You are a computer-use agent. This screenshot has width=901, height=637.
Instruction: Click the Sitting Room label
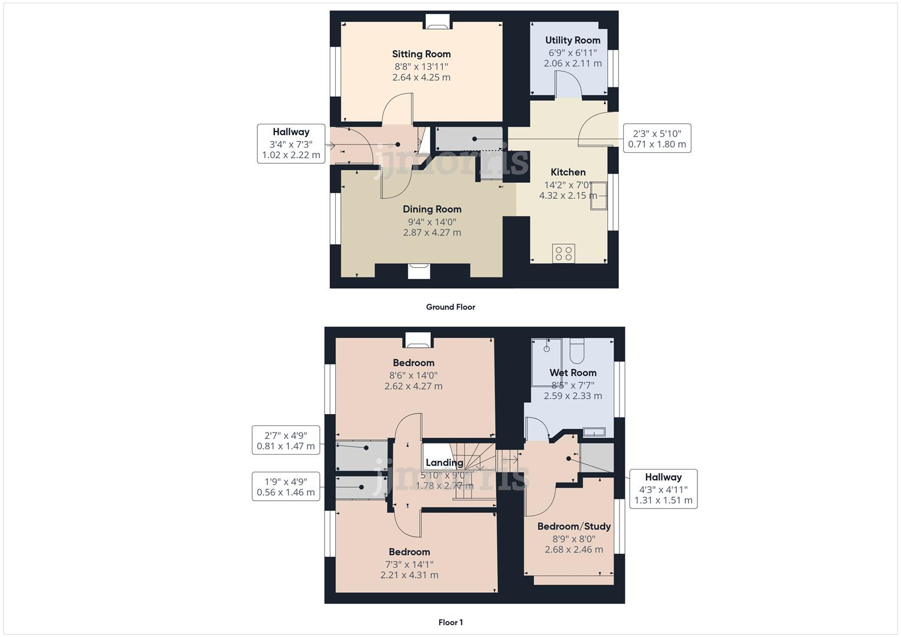(x=421, y=54)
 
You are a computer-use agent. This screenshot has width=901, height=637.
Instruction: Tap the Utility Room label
(x=572, y=40)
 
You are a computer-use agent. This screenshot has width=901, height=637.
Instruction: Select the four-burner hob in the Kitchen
(x=563, y=254)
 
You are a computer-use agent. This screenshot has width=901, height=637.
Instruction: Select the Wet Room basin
(x=594, y=432)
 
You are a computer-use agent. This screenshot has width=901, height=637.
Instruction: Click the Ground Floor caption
(x=450, y=307)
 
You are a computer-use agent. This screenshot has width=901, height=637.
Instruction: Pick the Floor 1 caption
(x=450, y=622)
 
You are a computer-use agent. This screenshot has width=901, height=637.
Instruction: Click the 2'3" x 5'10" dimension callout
(x=657, y=139)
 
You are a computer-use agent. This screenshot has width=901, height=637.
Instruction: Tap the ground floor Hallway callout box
(x=291, y=144)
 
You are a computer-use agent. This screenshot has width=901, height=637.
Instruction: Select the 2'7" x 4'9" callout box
(x=286, y=440)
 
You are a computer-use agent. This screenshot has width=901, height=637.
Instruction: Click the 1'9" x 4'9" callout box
(x=286, y=486)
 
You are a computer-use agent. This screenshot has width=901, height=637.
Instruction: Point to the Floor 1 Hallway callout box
(x=663, y=488)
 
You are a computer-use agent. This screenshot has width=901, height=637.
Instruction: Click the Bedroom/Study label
(x=574, y=526)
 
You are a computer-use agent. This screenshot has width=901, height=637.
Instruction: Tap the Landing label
(x=444, y=463)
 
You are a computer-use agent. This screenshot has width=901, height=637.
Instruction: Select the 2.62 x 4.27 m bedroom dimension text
(x=413, y=386)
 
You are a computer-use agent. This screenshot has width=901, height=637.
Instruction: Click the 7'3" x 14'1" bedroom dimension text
(x=409, y=564)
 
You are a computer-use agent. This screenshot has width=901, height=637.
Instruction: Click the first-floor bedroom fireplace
(x=418, y=340)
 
